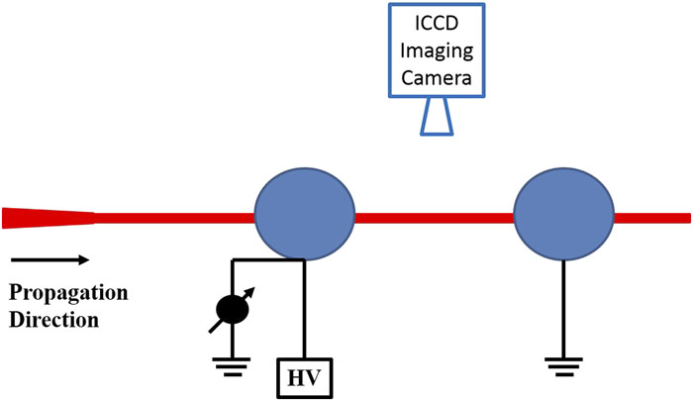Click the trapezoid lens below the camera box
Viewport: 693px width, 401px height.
(x=437, y=119)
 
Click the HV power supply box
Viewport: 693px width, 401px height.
(x=304, y=377)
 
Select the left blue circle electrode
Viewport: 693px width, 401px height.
(x=304, y=216)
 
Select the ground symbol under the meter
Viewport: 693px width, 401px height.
(x=232, y=365)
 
